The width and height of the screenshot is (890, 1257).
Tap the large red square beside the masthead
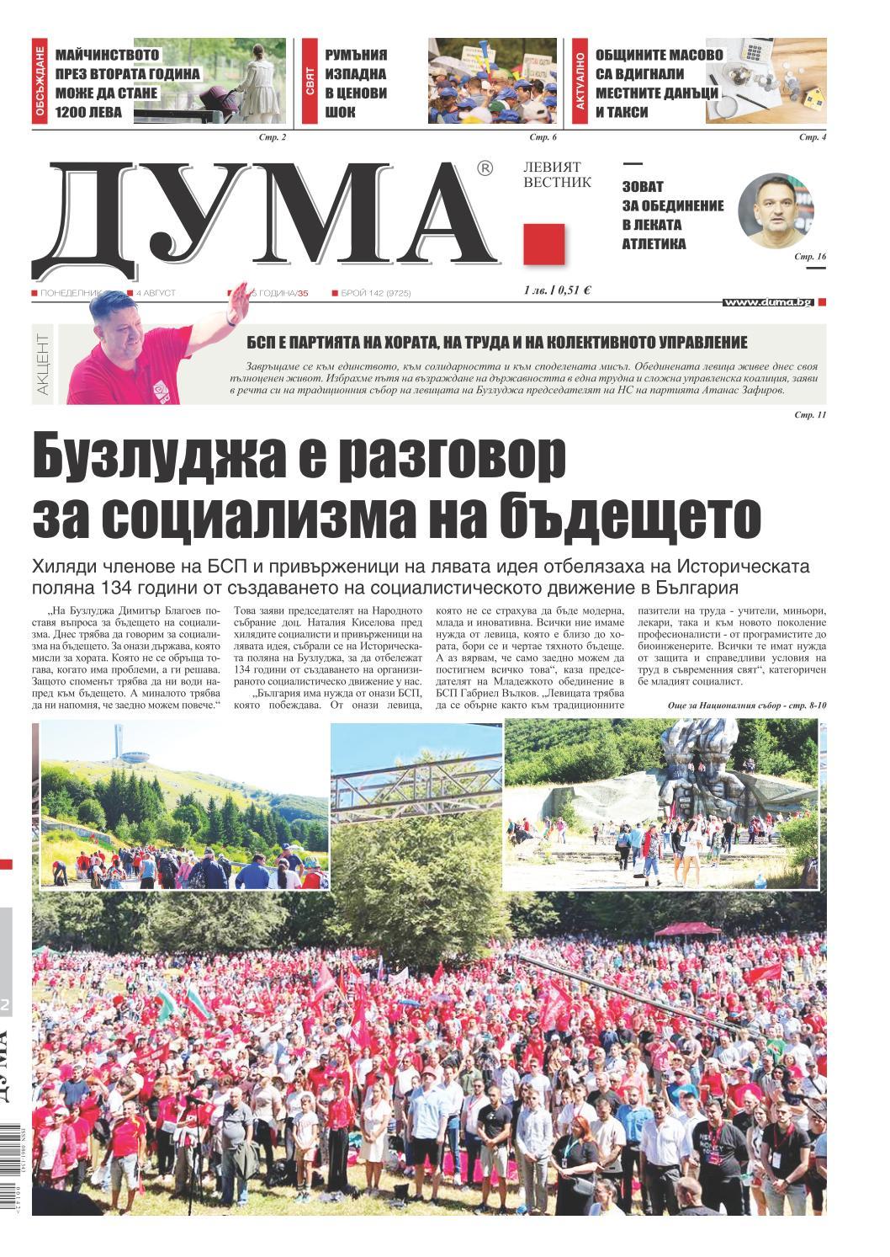[543, 243]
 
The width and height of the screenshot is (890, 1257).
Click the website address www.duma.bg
[768, 301]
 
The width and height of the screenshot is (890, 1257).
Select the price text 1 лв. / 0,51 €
[556, 290]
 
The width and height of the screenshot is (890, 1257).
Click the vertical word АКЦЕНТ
[43, 365]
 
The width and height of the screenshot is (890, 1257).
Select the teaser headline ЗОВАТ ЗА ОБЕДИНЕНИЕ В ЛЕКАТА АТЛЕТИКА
[672, 216]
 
